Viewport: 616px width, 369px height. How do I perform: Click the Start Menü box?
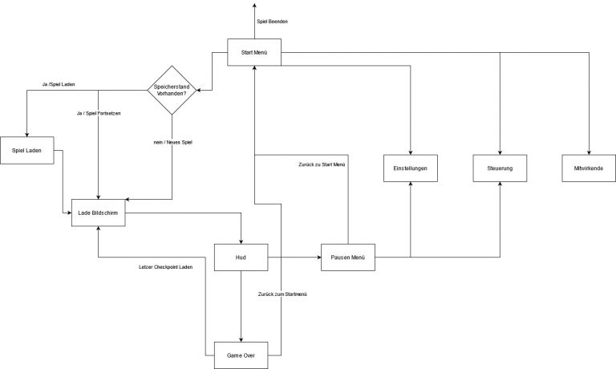tap(253, 54)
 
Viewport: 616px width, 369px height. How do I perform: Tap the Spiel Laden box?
tap(27, 149)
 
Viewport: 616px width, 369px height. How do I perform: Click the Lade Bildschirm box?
tap(98, 213)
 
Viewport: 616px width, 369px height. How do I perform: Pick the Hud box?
tap(241, 257)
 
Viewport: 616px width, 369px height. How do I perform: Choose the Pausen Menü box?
tap(347, 257)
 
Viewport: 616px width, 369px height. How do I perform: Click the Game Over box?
tap(241, 355)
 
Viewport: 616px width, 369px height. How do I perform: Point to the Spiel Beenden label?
tap(273, 21)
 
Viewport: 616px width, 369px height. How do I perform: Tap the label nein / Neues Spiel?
tap(172, 142)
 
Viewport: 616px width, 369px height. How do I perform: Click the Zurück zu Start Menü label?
tap(321, 164)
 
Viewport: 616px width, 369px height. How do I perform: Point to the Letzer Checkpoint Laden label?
tap(166, 267)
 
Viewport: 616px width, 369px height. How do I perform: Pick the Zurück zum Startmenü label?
tap(283, 295)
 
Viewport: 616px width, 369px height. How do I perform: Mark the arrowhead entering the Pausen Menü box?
tap(317, 257)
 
